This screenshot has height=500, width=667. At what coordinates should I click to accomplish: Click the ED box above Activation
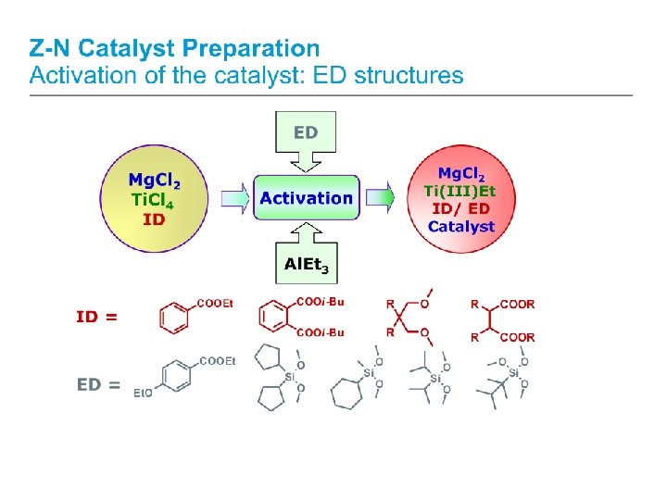coord(306,133)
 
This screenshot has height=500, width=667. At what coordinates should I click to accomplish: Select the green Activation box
coord(306,198)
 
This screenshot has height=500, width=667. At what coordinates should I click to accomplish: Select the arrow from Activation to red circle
coord(382,198)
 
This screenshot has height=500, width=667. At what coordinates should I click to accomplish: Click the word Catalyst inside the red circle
coord(460,226)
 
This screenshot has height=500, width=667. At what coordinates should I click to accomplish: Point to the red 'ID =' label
coord(96,317)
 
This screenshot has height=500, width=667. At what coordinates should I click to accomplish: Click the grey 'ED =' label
coord(98,384)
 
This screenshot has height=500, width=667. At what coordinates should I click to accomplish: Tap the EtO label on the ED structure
coord(143,394)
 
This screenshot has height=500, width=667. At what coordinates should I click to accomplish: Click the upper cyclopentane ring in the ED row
coord(269,358)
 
